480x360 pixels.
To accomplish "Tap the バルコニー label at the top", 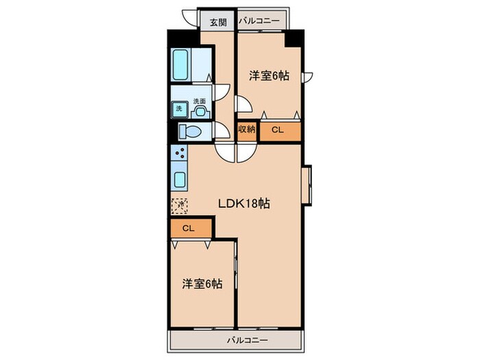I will (x=259, y=22).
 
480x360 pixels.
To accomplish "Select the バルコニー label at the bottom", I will (x=235, y=340).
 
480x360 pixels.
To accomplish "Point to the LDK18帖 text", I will (x=243, y=204).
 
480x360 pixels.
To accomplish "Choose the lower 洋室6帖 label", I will (x=202, y=283).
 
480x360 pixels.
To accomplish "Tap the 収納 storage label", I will (x=246, y=129).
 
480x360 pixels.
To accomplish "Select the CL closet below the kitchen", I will (x=188, y=228).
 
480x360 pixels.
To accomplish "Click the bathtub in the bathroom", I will (x=180, y=64).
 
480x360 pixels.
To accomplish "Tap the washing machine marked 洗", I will (x=178, y=109).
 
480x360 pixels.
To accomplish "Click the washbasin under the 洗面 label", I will (x=200, y=110).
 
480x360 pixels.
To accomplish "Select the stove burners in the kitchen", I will (x=179, y=157).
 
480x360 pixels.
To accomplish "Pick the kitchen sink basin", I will (x=179, y=181).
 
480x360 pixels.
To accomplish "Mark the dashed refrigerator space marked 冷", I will (x=179, y=204).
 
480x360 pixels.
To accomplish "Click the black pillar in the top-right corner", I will (x=293, y=38).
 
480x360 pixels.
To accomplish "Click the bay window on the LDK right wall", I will (x=309, y=186).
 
